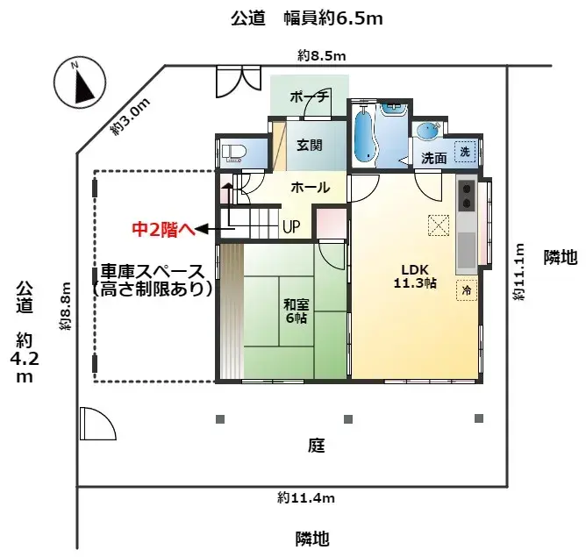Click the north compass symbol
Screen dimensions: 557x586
click(x=80, y=84)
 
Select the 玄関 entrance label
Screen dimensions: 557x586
click(x=309, y=146)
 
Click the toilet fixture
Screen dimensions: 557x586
click(x=233, y=153)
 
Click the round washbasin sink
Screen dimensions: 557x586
click(x=427, y=132)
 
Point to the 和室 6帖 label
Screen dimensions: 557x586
click(x=295, y=311)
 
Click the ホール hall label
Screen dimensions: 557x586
click(x=310, y=188)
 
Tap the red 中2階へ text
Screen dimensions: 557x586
click(x=161, y=230)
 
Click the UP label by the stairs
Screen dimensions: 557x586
click(x=291, y=226)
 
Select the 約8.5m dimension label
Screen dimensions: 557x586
click(x=322, y=56)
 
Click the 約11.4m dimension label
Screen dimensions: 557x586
click(x=306, y=498)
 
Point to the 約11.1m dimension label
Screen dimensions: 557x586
click(x=520, y=273)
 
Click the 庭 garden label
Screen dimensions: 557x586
click(x=317, y=446)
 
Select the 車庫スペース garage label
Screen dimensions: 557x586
click(x=153, y=271)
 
